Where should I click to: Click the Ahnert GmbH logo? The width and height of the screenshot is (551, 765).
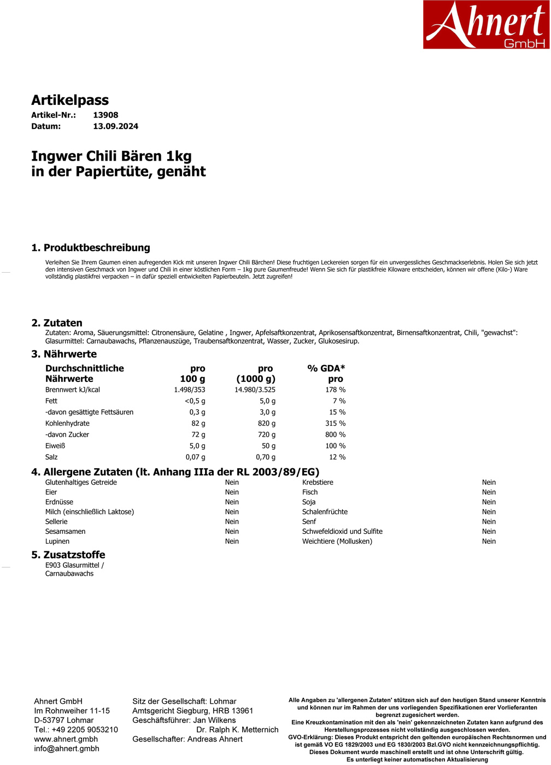pyautogui.click(x=486, y=25)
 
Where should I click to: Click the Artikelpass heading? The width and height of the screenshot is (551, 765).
pyautogui.click(x=70, y=100)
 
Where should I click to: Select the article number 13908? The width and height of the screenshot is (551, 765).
pyautogui.click(x=105, y=115)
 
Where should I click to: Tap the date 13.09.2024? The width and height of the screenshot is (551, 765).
pyautogui.click(x=115, y=126)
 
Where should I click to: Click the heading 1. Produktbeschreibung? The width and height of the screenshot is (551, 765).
pyautogui.click(x=91, y=248)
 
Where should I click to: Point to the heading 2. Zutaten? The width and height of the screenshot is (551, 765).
pyautogui.click(x=57, y=323)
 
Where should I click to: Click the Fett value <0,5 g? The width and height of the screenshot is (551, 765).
pyautogui.click(x=195, y=401)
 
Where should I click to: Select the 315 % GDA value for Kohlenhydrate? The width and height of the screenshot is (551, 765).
pyautogui.click(x=335, y=423)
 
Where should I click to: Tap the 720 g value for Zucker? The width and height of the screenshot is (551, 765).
pyautogui.click(x=267, y=434)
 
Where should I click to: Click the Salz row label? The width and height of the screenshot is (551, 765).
pyautogui.click(x=51, y=457)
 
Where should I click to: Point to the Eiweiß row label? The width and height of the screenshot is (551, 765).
pyautogui.click(x=55, y=446)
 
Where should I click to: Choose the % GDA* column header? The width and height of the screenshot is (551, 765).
pyautogui.click(x=326, y=368)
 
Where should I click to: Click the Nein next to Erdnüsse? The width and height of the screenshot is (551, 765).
pyautogui.click(x=232, y=502)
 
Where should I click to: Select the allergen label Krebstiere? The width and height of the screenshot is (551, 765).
pyautogui.click(x=318, y=482)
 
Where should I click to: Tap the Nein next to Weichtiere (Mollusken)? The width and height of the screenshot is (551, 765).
pyautogui.click(x=489, y=541)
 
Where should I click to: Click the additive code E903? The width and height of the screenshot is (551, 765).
pyautogui.click(x=53, y=565)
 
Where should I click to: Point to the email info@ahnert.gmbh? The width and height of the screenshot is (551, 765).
pyautogui.click(x=67, y=749)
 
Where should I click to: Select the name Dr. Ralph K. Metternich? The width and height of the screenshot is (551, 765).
pyautogui.click(x=237, y=729)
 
